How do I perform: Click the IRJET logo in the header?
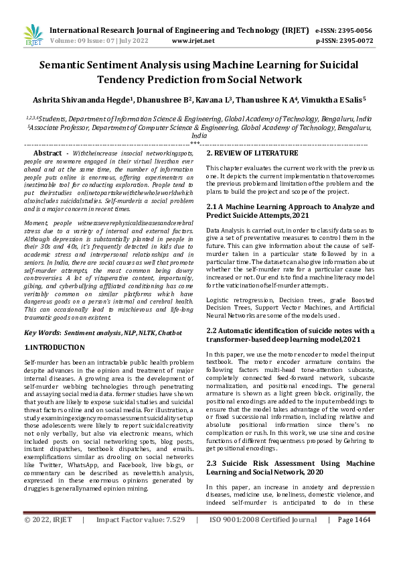click(x=33, y=34)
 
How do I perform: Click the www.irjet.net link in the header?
click(x=195, y=40)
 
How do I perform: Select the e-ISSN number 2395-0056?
click(x=357, y=30)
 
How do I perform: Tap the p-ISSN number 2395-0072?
click(x=357, y=40)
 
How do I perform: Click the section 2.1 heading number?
click(x=213, y=208)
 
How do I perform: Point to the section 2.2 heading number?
click(x=213, y=330)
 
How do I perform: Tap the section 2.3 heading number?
click(x=213, y=444)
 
